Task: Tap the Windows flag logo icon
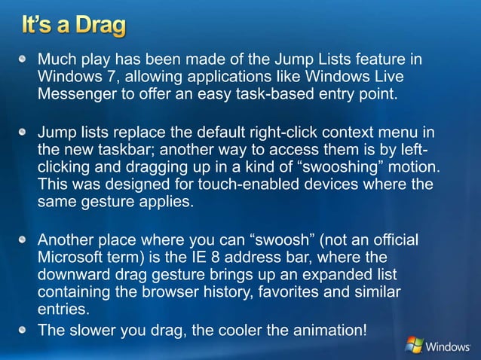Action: point(414,345)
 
